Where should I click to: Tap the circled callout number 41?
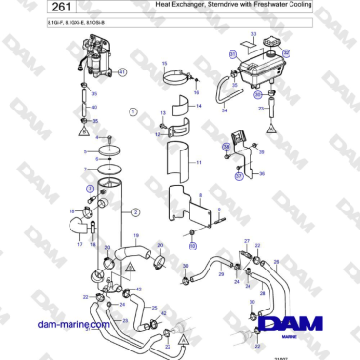pos(122,73)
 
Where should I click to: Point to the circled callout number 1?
pos(133,111)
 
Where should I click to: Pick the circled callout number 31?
pos(231,56)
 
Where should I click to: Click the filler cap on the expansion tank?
pos(280,44)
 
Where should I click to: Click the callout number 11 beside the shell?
pos(199,164)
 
